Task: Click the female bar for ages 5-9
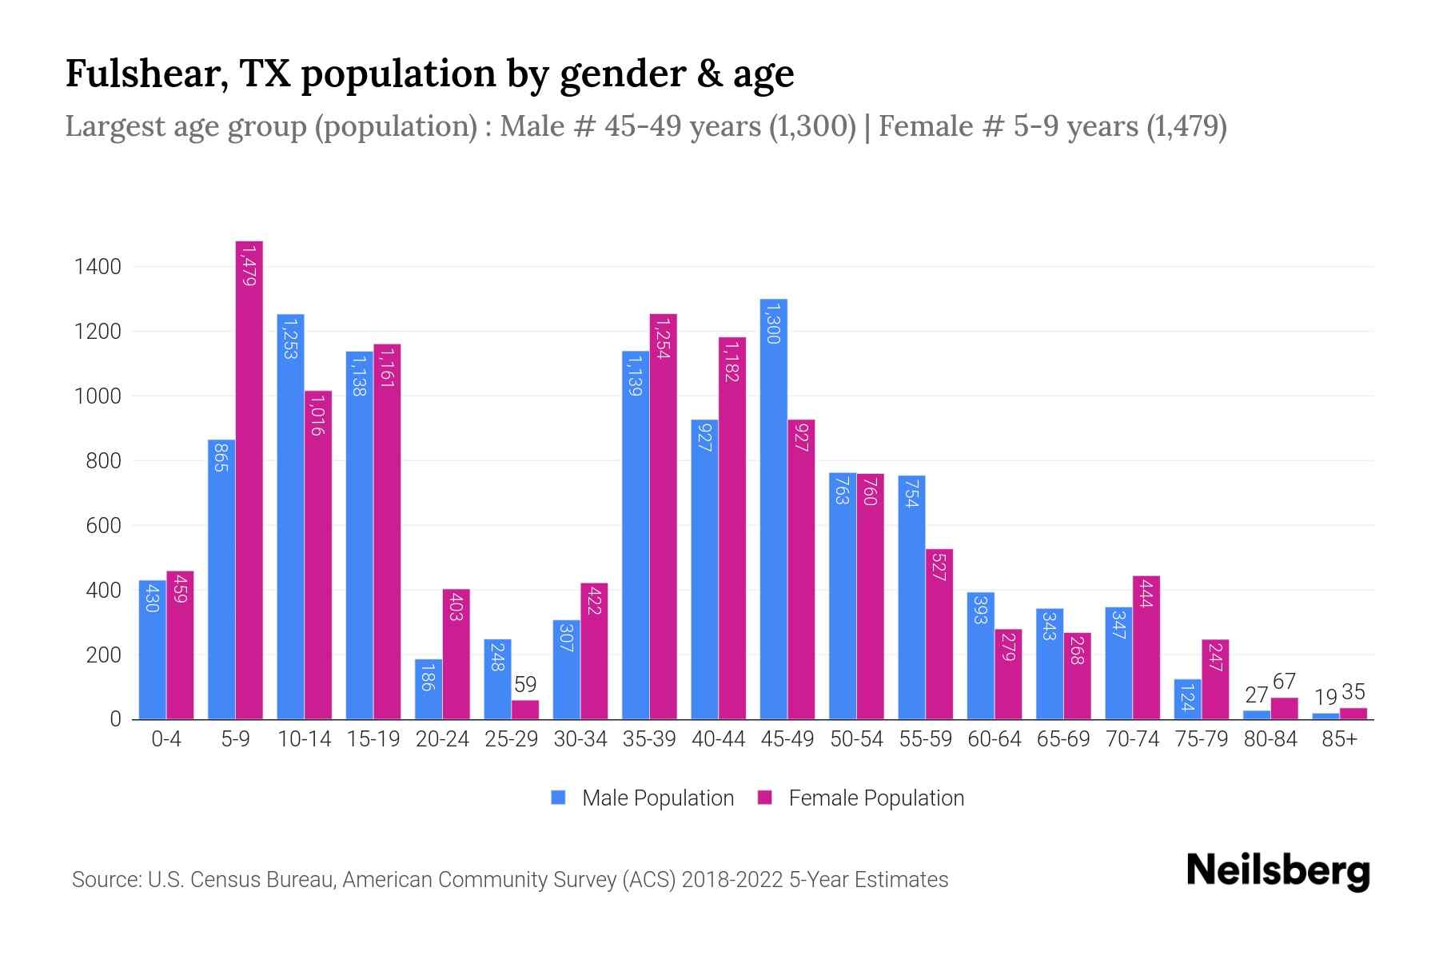coord(249,479)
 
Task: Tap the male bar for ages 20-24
coord(429,689)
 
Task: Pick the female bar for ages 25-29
coord(525,710)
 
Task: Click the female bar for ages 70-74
coord(1146,647)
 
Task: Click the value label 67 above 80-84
coord(1284,682)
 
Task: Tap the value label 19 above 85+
coord(1325,697)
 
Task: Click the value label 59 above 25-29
coord(525,685)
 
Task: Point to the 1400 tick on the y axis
coord(98,267)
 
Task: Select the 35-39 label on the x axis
coord(649,739)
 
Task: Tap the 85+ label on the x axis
coord(1339,739)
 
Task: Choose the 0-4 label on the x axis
coord(166,739)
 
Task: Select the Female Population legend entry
coord(861,798)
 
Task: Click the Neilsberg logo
coord(1278,871)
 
